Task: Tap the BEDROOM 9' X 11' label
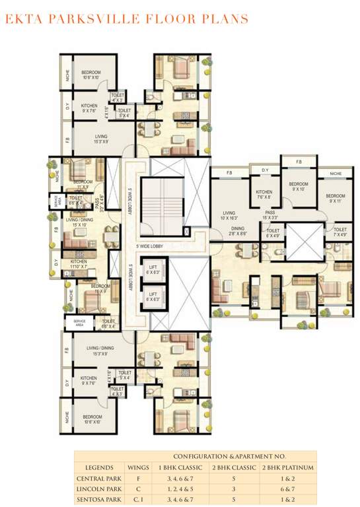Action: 336,198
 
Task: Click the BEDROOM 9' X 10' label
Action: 299,187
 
